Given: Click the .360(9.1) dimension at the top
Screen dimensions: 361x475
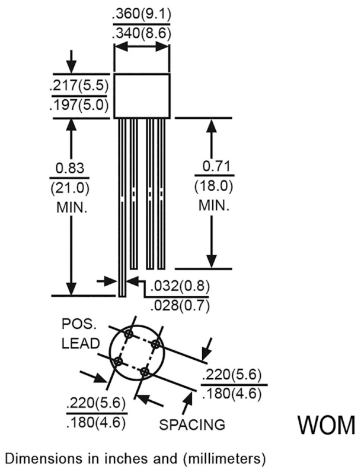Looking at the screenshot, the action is click(142, 14).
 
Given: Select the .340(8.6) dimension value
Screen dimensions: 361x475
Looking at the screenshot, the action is click(142, 33).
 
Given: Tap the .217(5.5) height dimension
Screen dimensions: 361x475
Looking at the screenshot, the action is click(79, 86).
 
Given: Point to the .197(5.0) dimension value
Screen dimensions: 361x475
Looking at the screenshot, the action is click(79, 105).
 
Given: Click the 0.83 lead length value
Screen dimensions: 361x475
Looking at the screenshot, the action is click(70, 168).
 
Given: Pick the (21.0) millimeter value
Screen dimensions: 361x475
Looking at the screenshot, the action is click(70, 188).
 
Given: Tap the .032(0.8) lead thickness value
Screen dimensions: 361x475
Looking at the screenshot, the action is click(180, 286).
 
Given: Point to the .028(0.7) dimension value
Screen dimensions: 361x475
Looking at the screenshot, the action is click(180, 305).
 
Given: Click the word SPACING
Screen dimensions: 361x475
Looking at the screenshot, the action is click(192, 425).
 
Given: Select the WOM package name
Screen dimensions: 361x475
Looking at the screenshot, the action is click(326, 425).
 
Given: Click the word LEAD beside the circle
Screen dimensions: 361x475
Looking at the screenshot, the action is click(81, 344).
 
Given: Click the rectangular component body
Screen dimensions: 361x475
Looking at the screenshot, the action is click(142, 96).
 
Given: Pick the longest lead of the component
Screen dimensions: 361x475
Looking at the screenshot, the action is click(122, 207).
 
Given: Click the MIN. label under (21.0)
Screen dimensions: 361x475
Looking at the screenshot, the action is click(72, 208).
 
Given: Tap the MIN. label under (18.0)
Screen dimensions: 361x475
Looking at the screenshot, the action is click(214, 205).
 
